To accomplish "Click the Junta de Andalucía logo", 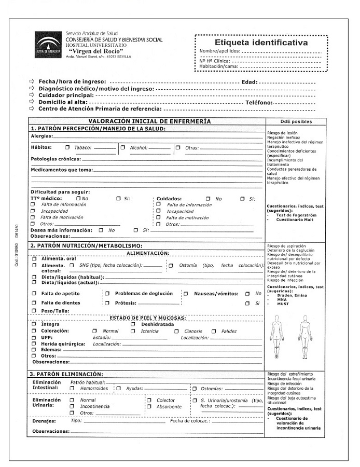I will pyautogui.click(x=47, y=45).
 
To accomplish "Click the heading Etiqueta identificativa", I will pyautogui.click(x=261, y=43).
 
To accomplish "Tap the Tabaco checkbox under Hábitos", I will pyautogui.click(x=67, y=147).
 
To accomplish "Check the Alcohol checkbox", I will pyautogui.click(x=123, y=147).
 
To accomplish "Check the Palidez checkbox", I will pyautogui.click(x=214, y=331).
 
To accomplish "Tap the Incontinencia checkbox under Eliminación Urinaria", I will pyautogui.click(x=72, y=406).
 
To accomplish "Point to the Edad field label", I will pyautogui.click(x=249, y=82).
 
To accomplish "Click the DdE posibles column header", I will pyautogui.click(x=296, y=121).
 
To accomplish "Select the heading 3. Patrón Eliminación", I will pyautogui.click(x=67, y=374).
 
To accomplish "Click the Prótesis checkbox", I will pyautogui.click(x=107, y=303).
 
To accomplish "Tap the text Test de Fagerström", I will pyautogui.click(x=296, y=215).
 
